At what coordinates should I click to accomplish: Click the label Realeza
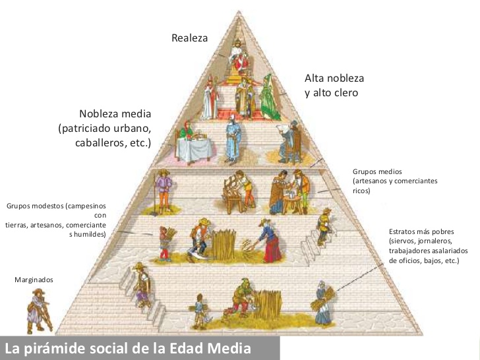tap(189, 38)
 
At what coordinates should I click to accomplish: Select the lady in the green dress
tap(269, 97)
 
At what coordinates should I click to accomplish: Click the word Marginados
tap(34, 280)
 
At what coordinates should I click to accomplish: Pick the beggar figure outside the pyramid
tap(38, 311)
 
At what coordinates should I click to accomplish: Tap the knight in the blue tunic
tap(233, 140)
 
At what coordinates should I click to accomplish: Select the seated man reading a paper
tap(289, 141)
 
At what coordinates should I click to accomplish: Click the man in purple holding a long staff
tap(164, 191)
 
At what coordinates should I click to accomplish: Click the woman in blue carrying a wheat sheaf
tap(322, 303)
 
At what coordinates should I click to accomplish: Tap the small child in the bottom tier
tap(200, 311)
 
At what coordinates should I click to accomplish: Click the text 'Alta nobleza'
tap(334, 78)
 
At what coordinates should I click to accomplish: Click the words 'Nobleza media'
tap(115, 114)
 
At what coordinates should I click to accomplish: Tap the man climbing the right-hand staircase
tap(324, 227)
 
